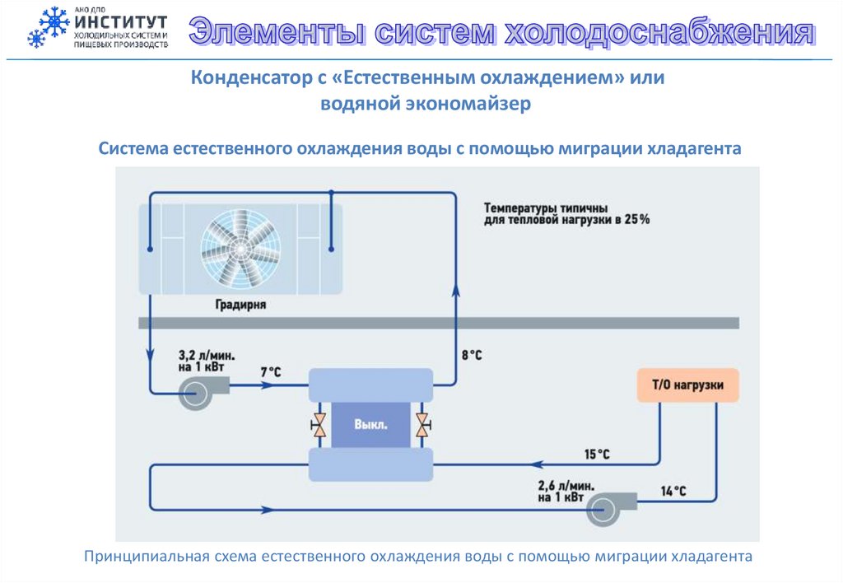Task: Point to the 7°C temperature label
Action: point(271,373)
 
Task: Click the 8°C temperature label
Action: point(471,356)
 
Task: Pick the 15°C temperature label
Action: point(597,454)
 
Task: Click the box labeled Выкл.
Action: point(370,425)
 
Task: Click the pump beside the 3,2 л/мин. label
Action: point(198,392)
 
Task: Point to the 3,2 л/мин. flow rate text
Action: point(207,355)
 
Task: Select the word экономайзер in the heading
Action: point(467,104)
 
